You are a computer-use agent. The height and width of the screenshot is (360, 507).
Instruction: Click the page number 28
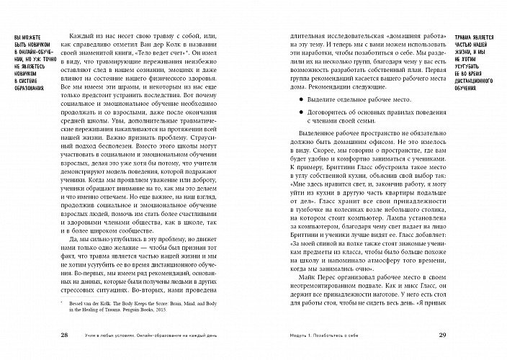[x=66, y=336]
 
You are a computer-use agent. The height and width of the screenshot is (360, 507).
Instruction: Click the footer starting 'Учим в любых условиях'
[x=166, y=336]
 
